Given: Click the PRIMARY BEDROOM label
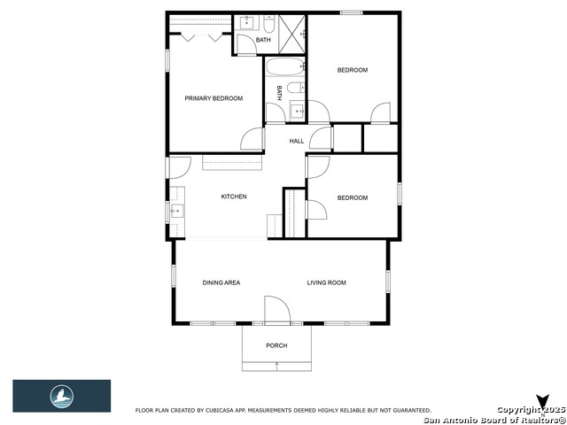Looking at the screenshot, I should point(213,98).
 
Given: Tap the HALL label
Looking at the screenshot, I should point(297,141).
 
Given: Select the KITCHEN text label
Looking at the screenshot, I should point(234,197).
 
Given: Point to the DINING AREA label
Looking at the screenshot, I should point(221,282).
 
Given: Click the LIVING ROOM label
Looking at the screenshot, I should point(326,282).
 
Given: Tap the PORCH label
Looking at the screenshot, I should point(276,345).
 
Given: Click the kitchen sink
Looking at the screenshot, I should point(176,211).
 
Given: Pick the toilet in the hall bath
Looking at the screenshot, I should point(298,88).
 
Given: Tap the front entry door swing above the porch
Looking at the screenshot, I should point(276,310).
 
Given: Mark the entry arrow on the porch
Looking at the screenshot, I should point(276,365).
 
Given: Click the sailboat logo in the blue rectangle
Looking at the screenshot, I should point(62,396).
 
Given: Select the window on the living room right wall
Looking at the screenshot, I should point(387,281).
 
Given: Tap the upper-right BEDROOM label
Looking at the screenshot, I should point(352,70).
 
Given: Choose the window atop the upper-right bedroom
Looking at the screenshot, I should point(352,12).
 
